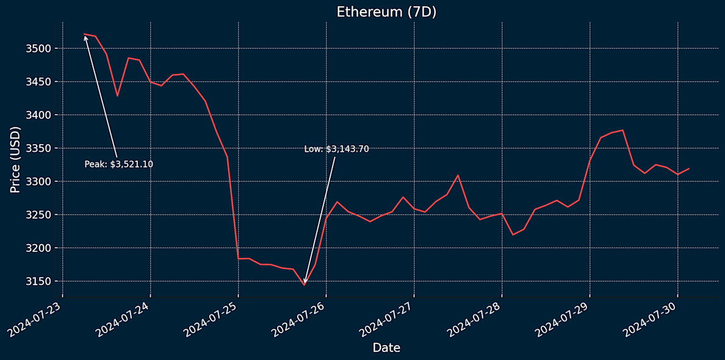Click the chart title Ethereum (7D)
(x=386, y=12)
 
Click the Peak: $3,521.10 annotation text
(x=118, y=164)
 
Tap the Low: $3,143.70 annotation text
(x=336, y=149)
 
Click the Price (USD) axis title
(x=15, y=159)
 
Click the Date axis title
(x=386, y=348)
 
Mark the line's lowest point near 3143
(x=304, y=285)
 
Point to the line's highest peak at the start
(x=84, y=34)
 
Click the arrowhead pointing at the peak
(x=85, y=37)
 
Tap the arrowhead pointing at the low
(x=305, y=282)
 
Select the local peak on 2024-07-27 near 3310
(x=458, y=175)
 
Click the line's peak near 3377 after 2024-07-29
(x=622, y=130)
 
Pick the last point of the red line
(x=688, y=168)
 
